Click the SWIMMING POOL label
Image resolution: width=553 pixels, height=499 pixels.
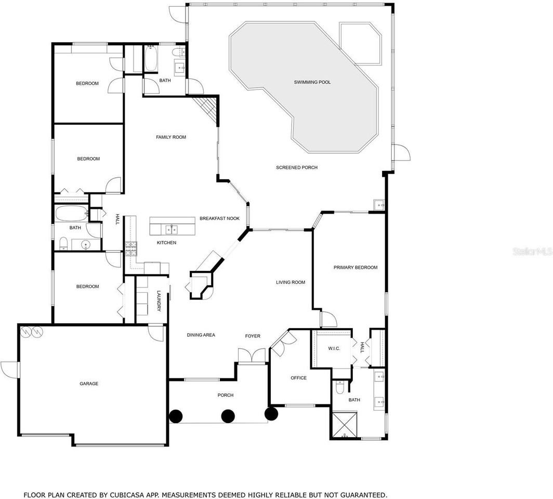[312, 82]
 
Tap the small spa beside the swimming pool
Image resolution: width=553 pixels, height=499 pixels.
[360, 43]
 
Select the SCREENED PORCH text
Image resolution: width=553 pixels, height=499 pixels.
[296, 167]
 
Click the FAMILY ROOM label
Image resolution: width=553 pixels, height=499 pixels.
[171, 137]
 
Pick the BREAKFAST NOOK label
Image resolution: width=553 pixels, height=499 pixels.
[219, 218]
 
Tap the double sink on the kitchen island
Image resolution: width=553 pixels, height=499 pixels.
[170, 229]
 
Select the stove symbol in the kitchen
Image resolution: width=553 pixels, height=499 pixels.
[130, 247]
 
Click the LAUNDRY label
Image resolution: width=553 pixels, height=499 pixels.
[159, 301]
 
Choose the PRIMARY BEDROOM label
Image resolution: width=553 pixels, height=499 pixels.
[355, 267]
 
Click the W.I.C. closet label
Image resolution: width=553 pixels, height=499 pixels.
[334, 348]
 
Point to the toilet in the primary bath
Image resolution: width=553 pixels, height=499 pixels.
[340, 388]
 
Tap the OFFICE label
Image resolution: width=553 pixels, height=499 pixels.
[298, 378]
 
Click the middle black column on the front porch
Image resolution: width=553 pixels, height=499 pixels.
[228, 416]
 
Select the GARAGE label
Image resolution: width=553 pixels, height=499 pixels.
[89, 384]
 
